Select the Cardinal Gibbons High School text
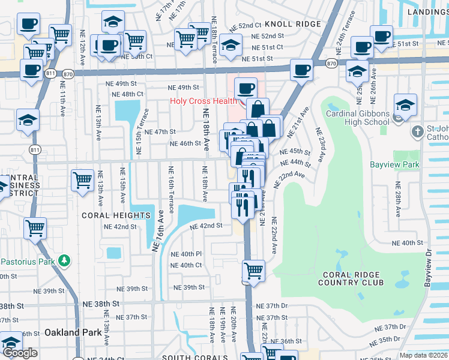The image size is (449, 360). pos(357,118)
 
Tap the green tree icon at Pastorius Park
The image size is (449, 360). pos(62,262)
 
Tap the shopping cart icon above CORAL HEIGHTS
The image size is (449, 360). pos(82,180)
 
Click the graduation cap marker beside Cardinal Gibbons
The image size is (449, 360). pos(405,104)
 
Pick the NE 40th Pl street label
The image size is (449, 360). pos(186,254)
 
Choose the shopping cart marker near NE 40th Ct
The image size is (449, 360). pos(253,270)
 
